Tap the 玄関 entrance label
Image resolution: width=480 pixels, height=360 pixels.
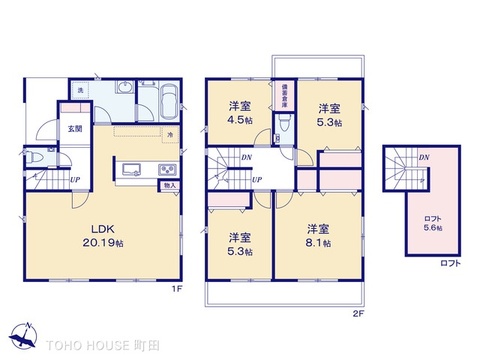pos(75,128)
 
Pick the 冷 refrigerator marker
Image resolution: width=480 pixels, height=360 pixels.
pos(171,134)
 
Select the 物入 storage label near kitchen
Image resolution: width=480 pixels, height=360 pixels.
pos(169,185)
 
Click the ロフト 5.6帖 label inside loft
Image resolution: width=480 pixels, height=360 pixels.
pos(432,223)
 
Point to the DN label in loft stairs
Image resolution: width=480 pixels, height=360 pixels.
pos(424,157)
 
